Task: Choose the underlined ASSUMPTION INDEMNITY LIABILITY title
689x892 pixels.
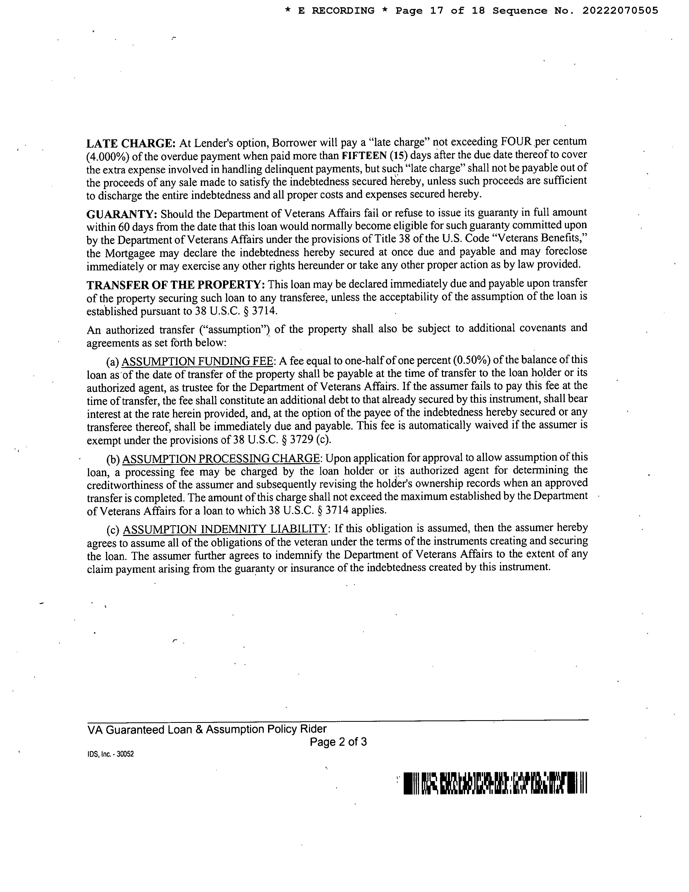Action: pos(225,529)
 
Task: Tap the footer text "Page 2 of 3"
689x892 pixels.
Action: pos(338,742)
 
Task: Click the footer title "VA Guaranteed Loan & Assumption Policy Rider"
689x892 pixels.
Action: pos(207,729)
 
